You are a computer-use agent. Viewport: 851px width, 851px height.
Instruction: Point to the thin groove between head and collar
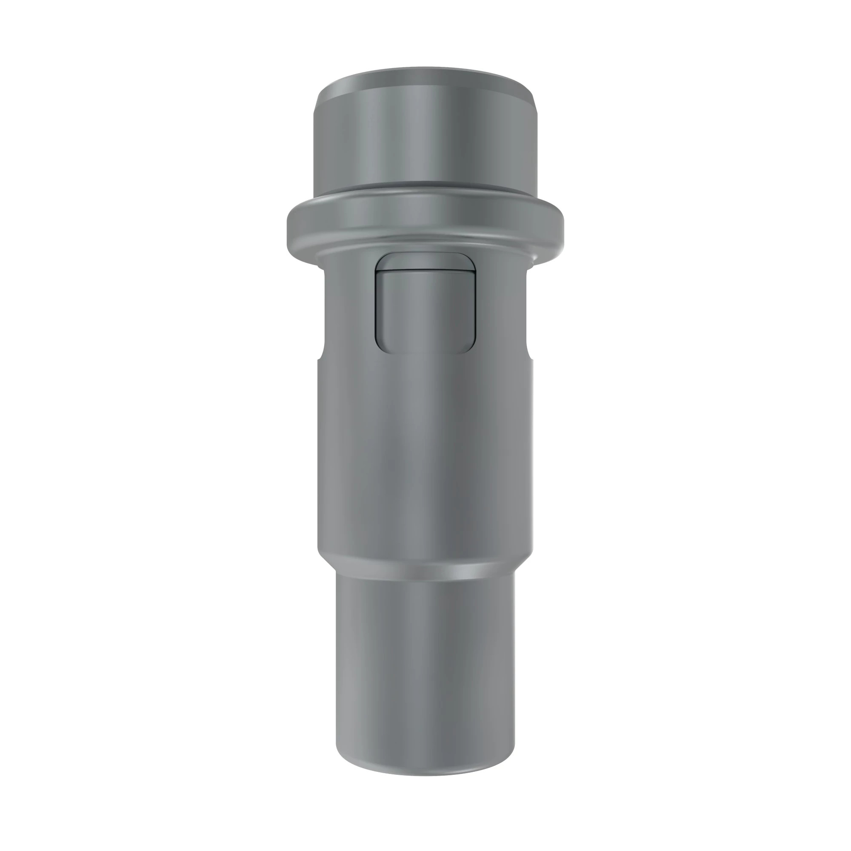click(425, 188)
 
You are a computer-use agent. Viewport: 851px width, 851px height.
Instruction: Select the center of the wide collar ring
click(425, 220)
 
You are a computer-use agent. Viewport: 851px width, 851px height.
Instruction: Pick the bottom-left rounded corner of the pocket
click(380, 348)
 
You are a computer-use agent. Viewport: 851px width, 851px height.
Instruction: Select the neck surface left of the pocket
click(348, 308)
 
